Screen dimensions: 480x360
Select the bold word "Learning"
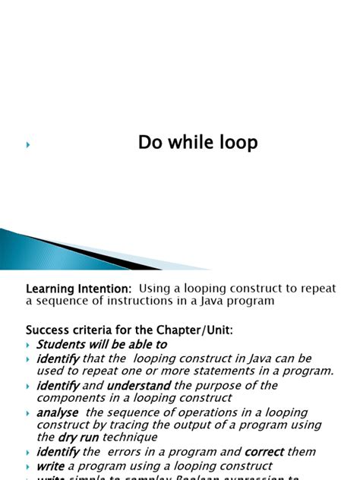tap(52, 289)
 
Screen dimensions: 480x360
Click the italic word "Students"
tap(63, 344)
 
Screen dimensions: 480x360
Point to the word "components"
tap(70, 397)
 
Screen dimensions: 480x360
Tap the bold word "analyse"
tap(58, 412)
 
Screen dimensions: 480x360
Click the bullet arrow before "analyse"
tap(29, 413)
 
